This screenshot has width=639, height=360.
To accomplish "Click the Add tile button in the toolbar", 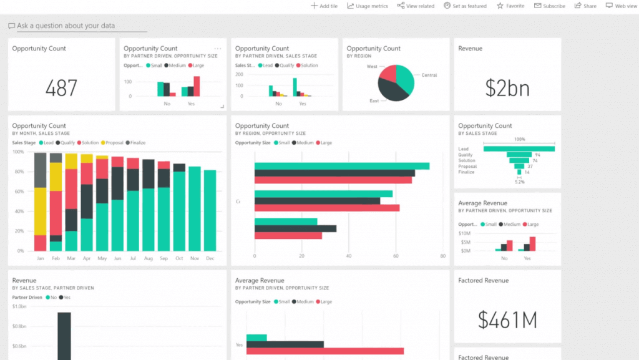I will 324,6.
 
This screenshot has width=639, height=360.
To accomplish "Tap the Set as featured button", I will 465,6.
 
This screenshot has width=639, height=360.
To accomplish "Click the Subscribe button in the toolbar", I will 550,6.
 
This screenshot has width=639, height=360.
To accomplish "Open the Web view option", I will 622,6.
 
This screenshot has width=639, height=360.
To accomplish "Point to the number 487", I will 61,88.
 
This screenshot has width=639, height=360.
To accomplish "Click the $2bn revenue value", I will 507,88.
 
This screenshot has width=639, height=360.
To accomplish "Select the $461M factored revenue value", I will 507,320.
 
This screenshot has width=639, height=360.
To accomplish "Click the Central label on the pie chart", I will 429,75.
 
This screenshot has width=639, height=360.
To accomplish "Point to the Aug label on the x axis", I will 149,258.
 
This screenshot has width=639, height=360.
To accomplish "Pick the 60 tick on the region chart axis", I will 395,256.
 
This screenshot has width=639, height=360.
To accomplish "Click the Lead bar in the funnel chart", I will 519,149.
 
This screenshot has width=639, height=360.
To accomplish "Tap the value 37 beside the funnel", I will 530,167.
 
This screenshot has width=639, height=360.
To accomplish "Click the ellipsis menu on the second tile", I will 218,48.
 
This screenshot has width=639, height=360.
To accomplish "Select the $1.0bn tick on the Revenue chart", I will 19,306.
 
